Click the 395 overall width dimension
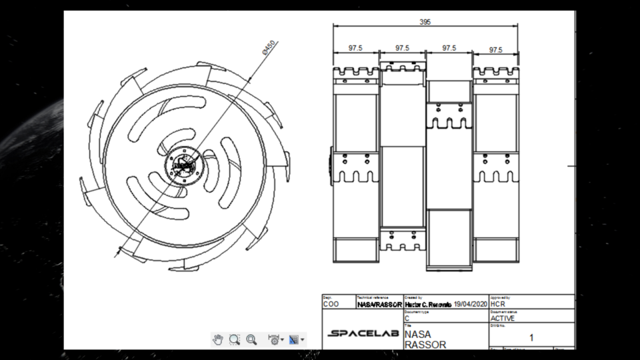(425, 22)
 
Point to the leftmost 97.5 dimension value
(355, 49)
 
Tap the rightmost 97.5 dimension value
(495, 50)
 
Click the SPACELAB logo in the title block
(363, 333)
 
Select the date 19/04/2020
(470, 304)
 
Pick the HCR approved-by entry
(497, 304)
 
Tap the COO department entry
(331, 304)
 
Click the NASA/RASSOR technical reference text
(379, 304)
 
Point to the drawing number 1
(531, 337)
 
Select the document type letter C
(407, 318)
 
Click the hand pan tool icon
(218, 339)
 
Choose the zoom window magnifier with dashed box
(235, 339)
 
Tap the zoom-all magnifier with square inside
(251, 339)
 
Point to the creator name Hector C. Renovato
(428, 304)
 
